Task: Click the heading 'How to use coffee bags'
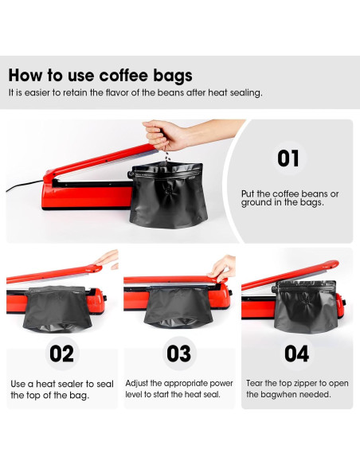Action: point(100,76)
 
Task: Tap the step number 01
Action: point(288,158)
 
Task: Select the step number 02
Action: point(61,353)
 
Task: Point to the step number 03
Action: point(180,353)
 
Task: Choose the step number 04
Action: point(296,353)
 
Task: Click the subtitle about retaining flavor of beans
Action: point(135,93)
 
